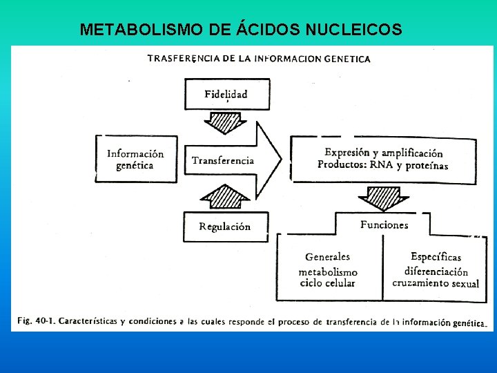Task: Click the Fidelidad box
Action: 225,94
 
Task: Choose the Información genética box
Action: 135,160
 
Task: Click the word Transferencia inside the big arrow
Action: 223,160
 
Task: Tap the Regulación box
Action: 224,227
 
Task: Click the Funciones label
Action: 384,224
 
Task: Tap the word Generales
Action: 327,257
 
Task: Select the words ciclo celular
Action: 327,283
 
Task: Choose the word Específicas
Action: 436,257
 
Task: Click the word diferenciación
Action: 436,271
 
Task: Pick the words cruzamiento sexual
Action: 436,283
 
